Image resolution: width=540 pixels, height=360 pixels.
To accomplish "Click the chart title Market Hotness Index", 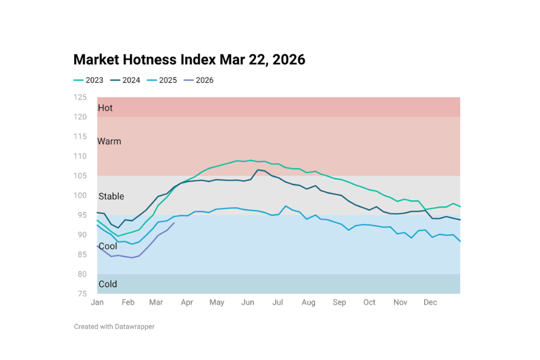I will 189,60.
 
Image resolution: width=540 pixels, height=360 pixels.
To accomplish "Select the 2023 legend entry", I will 89,80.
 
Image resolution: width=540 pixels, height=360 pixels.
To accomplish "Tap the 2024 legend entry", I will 125,80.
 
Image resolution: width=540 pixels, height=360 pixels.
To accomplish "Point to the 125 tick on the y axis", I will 80,97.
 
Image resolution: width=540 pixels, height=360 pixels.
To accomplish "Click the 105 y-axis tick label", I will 80,176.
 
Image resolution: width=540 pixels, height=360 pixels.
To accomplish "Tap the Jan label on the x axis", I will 97,303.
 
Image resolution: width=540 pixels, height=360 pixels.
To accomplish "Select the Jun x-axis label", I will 247,303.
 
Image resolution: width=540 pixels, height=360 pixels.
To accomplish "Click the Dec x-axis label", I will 430,303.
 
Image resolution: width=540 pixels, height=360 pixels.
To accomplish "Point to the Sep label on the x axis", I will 339,303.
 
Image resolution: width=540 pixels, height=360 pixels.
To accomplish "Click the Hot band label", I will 105,108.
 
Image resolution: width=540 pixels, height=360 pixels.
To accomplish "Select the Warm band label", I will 109,141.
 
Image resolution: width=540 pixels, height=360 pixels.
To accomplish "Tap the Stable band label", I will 111,196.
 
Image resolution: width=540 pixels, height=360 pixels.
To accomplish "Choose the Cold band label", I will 108,284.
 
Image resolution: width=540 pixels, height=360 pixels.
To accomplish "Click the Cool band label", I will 108,246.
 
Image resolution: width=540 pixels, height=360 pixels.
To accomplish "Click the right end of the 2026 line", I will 174,223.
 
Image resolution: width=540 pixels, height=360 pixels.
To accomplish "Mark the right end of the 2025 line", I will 460,241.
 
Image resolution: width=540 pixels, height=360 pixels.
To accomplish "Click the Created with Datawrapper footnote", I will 114,326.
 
